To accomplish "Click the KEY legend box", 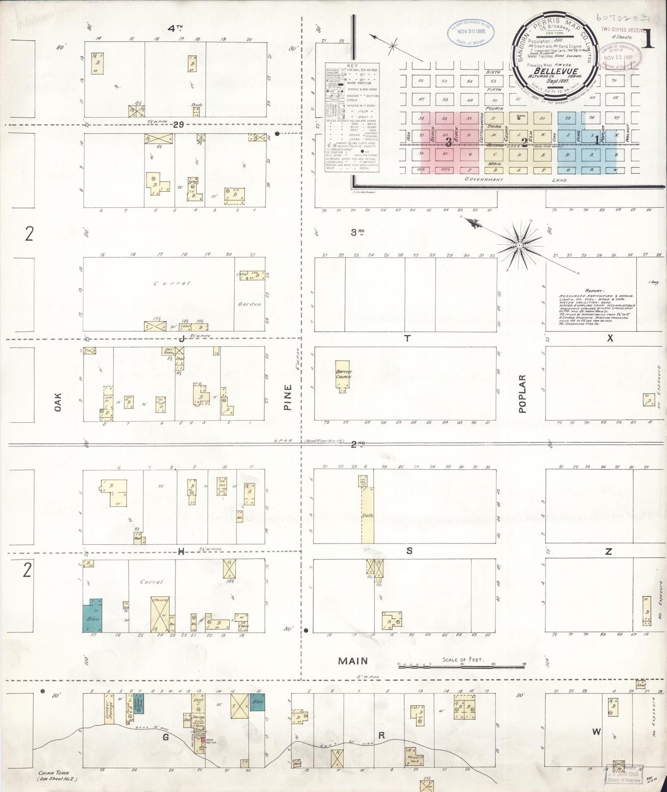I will [352, 117].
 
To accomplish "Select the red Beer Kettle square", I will [202, 740].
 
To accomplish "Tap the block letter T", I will [407, 338].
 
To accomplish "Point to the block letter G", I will [165, 737].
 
